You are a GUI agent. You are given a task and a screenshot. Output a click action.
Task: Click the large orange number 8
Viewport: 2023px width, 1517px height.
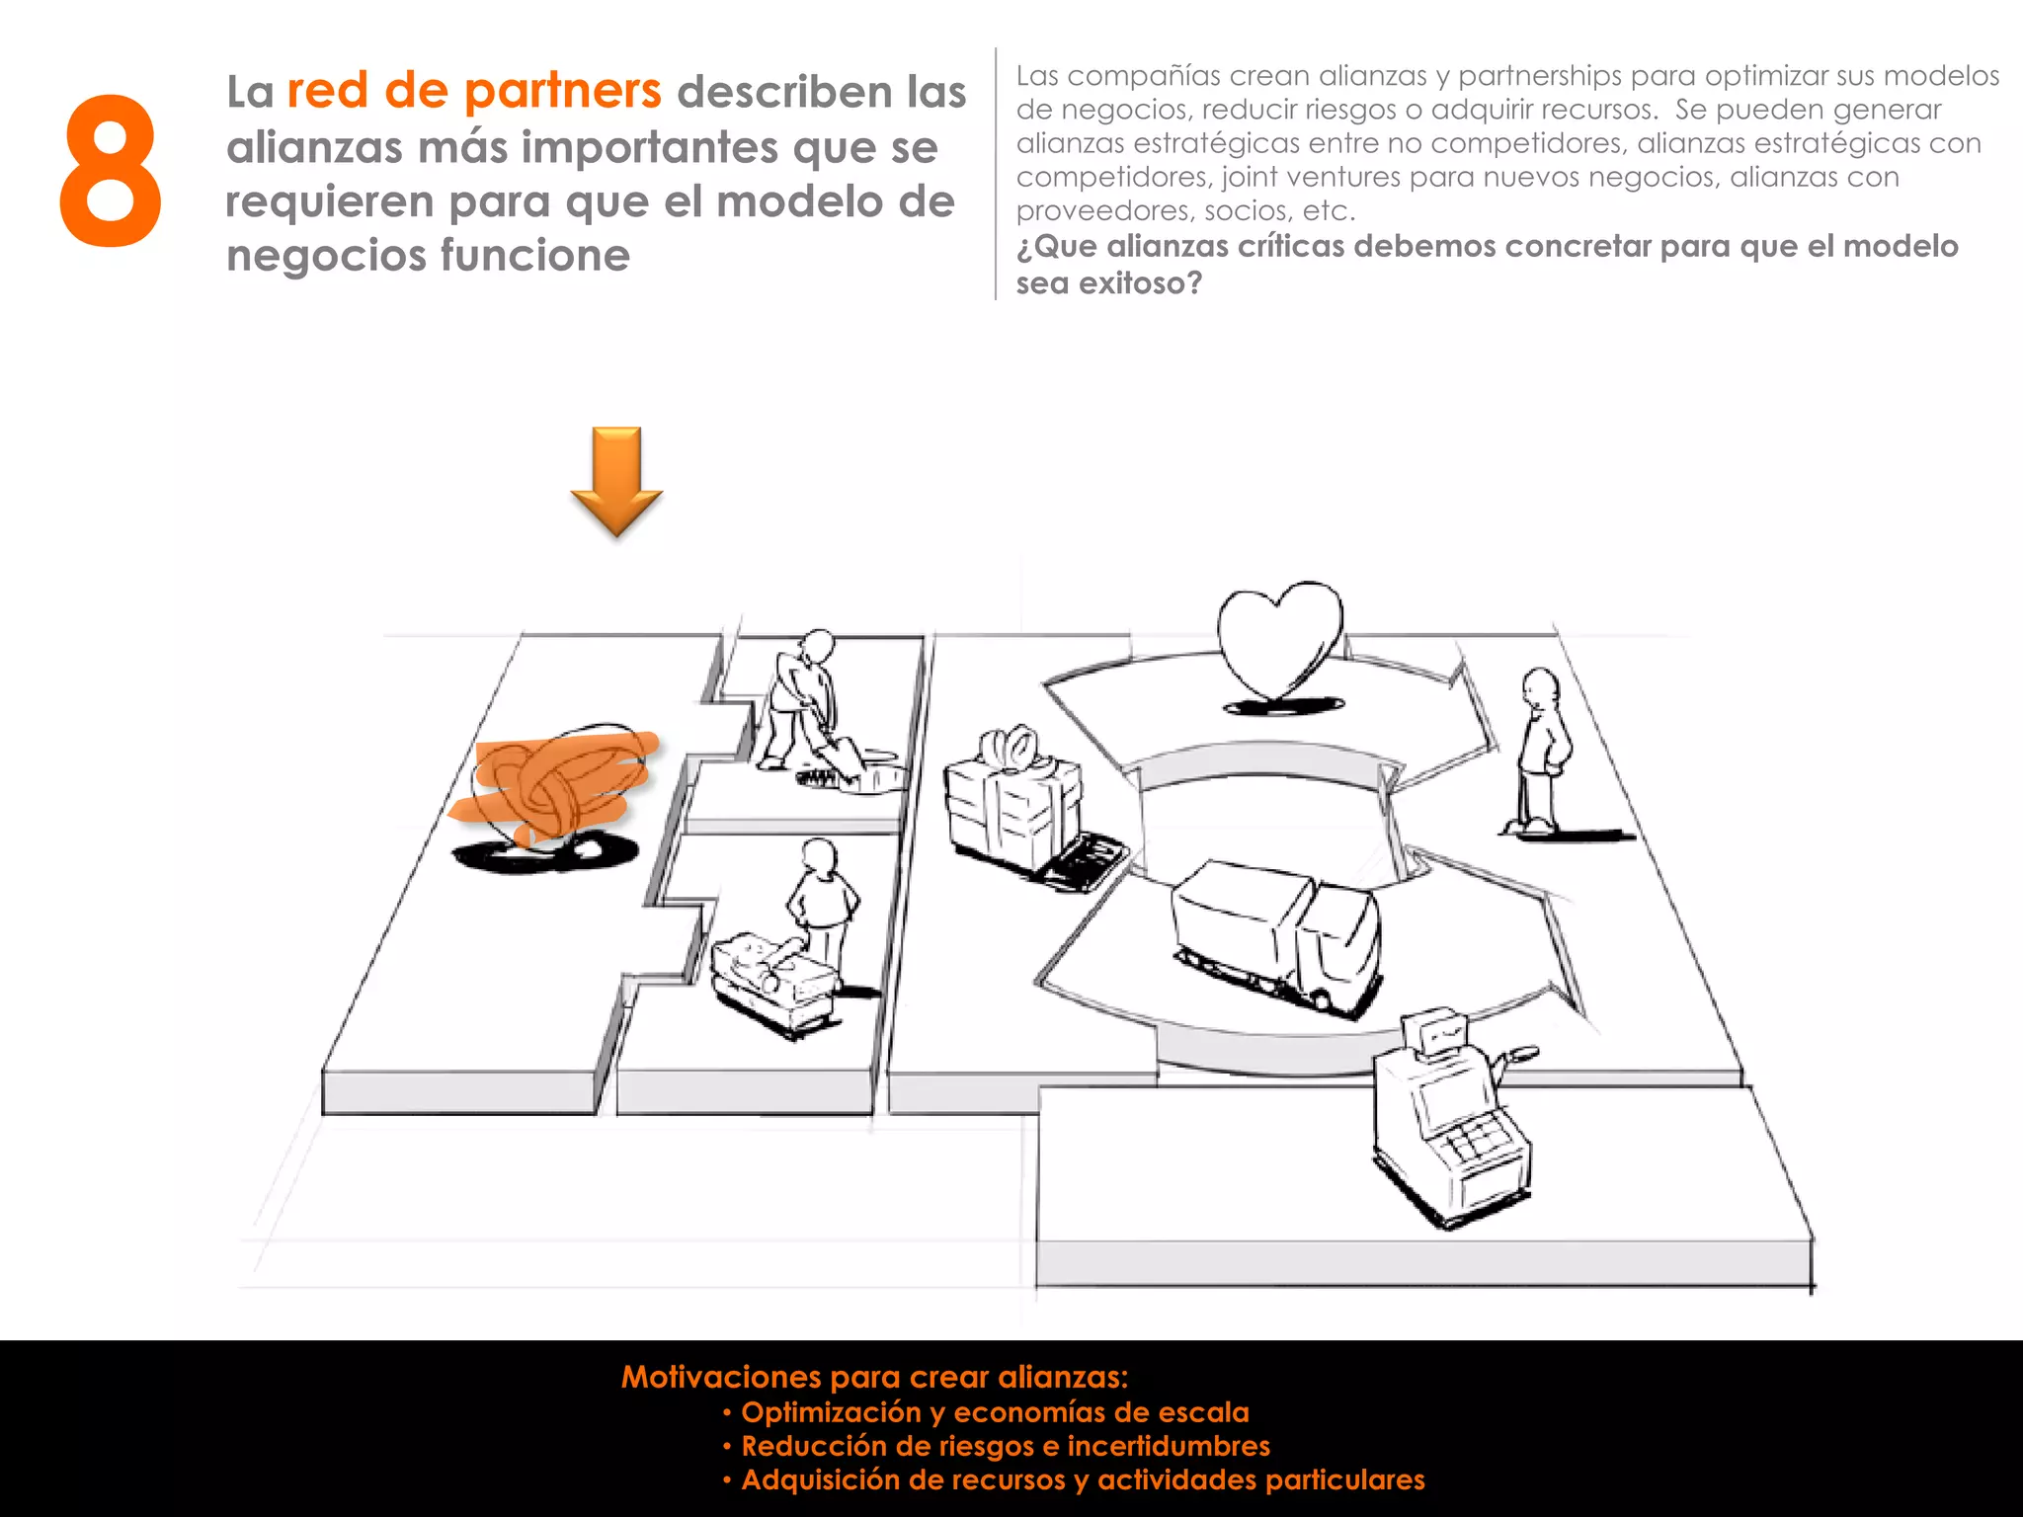[x=111, y=171]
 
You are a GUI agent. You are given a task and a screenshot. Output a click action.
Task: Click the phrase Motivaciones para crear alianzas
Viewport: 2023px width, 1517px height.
[x=874, y=1377]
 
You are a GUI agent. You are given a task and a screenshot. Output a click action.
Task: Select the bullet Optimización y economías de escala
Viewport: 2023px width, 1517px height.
[x=995, y=1412]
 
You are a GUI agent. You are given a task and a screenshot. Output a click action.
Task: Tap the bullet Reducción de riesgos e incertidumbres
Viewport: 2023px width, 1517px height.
[x=1005, y=1446]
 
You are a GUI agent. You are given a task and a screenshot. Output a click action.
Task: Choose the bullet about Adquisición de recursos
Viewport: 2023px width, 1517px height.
[x=1083, y=1479]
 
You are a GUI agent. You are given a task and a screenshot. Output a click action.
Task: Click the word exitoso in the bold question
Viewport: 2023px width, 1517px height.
[x=1140, y=283]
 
